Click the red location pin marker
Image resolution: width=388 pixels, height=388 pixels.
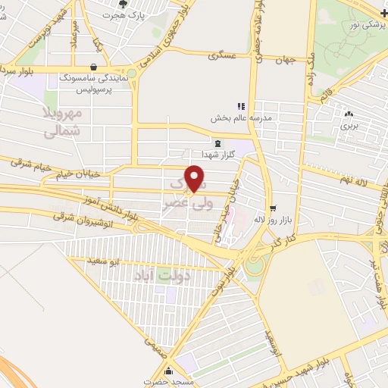click(195, 179)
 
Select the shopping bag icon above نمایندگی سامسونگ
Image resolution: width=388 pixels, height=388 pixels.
click(93, 67)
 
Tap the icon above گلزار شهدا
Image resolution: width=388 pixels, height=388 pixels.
click(218, 142)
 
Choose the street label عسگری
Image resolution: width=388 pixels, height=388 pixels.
click(227, 55)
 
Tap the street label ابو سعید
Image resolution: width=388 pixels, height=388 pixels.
click(105, 261)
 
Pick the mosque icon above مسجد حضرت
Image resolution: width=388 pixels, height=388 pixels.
click(168, 371)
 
